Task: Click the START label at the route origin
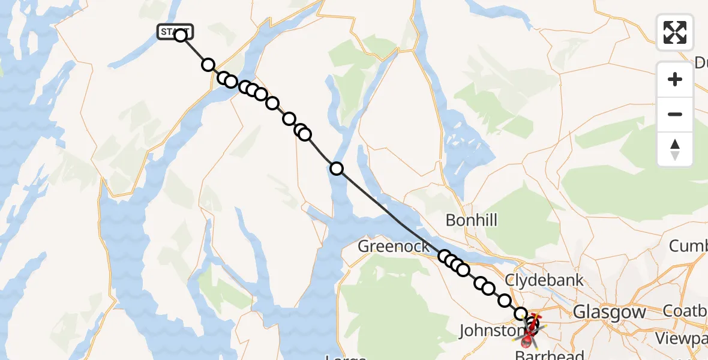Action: tap(175, 32)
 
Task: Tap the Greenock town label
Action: tap(394, 246)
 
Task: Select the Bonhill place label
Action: tap(472, 220)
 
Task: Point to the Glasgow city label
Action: tap(610, 312)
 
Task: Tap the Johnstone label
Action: tap(487, 330)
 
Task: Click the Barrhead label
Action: tap(550, 355)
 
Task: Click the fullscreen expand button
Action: tap(675, 32)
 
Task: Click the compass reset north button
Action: tap(675, 149)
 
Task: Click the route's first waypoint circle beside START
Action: tap(181, 35)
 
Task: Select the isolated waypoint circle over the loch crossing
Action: tap(337, 169)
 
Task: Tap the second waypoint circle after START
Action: tap(208, 65)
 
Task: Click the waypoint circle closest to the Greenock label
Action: tap(444, 257)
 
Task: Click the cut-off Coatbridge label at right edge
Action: tap(685, 311)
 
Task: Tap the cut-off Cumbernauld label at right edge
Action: tap(688, 246)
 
